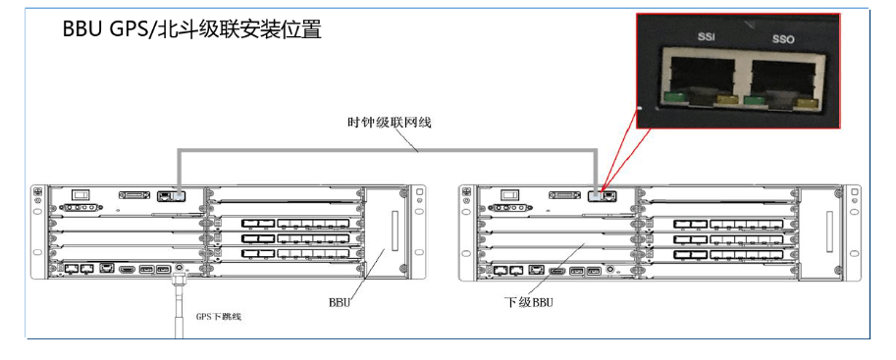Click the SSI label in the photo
pos(707,36)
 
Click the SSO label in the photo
pos(783,39)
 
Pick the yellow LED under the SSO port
pos(807,103)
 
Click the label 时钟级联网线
pos(390,123)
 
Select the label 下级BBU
pos(528,302)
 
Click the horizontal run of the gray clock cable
pos(388,151)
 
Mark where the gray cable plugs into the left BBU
pos(180,196)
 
